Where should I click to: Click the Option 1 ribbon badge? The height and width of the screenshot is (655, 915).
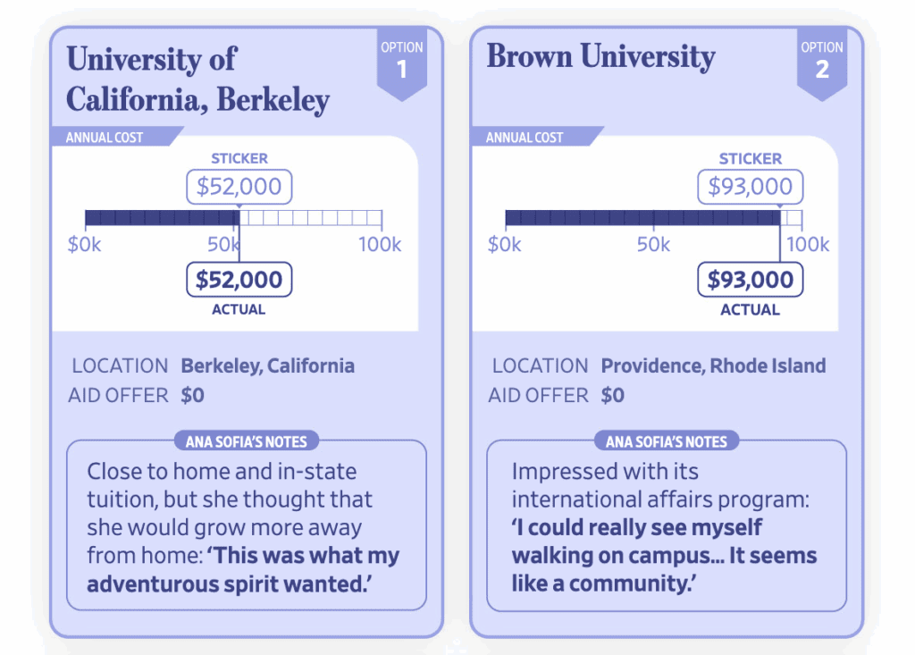[401, 62]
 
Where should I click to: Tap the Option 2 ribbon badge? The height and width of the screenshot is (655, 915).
[821, 62]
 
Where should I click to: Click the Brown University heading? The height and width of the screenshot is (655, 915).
[600, 57]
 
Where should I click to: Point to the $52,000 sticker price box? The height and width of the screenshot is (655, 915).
[239, 187]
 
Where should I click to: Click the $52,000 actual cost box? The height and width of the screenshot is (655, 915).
[239, 280]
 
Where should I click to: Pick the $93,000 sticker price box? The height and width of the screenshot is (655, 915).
[750, 187]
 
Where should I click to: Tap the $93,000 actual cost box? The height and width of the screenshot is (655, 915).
[750, 280]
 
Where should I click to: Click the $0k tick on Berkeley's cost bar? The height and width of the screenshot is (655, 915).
[85, 245]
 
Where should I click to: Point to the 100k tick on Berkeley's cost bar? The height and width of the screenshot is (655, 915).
[380, 245]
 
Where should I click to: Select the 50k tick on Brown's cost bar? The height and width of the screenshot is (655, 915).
[653, 245]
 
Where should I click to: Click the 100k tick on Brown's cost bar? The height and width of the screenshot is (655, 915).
[807, 245]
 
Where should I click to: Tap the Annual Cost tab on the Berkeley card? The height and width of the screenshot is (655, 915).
[105, 138]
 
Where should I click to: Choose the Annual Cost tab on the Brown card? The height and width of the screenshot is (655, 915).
[525, 138]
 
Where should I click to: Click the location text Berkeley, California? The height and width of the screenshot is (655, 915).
[267, 365]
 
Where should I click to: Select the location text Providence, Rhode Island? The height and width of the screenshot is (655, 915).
[713, 365]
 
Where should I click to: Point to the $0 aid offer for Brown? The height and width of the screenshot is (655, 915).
[612, 395]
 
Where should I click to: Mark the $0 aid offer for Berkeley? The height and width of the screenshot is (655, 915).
[192, 395]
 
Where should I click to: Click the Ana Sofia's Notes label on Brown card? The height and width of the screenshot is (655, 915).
[666, 441]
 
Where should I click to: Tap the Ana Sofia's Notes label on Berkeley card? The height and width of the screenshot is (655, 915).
[246, 441]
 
